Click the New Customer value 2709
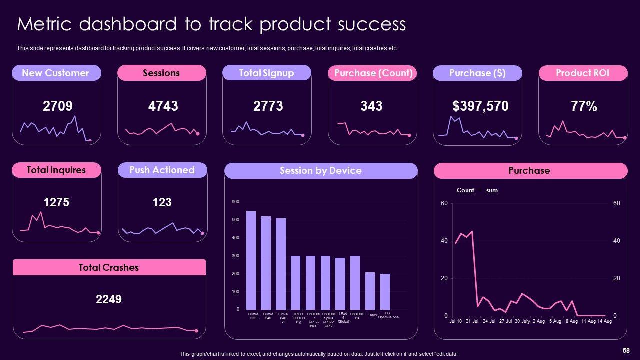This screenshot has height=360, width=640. [58, 106]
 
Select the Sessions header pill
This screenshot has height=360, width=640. [161, 73]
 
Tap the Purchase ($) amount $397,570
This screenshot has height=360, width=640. [480, 106]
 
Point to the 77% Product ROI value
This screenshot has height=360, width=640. [584, 106]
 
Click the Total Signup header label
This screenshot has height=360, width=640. [266, 73]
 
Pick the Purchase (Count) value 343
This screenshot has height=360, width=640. [371, 106]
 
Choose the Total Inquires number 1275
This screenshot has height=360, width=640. [56, 202]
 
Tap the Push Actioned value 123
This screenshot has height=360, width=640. [162, 202]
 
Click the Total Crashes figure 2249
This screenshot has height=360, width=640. [108, 299]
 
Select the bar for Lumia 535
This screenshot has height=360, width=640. [251, 260]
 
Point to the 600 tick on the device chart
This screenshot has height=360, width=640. [235, 202]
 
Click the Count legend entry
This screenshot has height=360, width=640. [465, 190]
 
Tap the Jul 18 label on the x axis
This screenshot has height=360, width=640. [456, 321]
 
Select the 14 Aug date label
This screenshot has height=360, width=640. [604, 321]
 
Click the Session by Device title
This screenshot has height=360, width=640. [320, 170]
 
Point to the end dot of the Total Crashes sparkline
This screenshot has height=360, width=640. [196, 331]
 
